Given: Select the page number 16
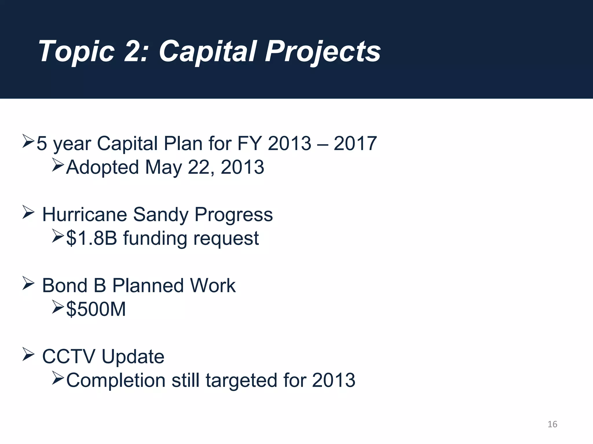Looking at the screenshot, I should point(552,424).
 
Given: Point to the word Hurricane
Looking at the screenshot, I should point(85,214).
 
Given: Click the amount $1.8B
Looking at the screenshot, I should point(91,238).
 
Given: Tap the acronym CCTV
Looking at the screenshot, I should point(69,356).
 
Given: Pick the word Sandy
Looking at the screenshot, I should point(160,215).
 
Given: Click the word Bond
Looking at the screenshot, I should point(65,286).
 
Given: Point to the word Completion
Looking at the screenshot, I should point(116,380).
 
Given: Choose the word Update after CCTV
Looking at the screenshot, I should point(133,357).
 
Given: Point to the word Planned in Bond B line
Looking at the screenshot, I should point(148,286).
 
